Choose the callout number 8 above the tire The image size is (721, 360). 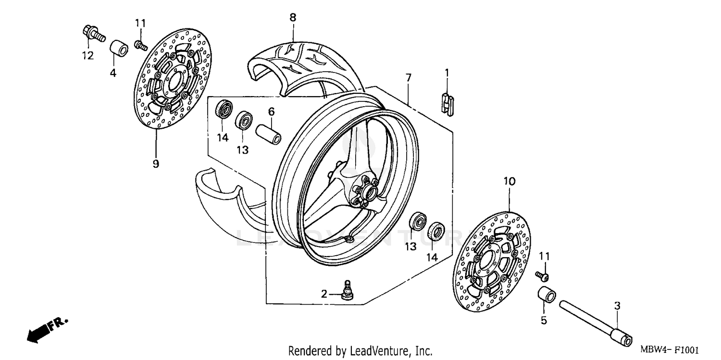click(x=293, y=17)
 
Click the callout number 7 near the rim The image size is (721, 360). click(x=408, y=77)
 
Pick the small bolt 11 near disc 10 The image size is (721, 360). click(x=542, y=275)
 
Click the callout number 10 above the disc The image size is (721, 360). click(x=510, y=181)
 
